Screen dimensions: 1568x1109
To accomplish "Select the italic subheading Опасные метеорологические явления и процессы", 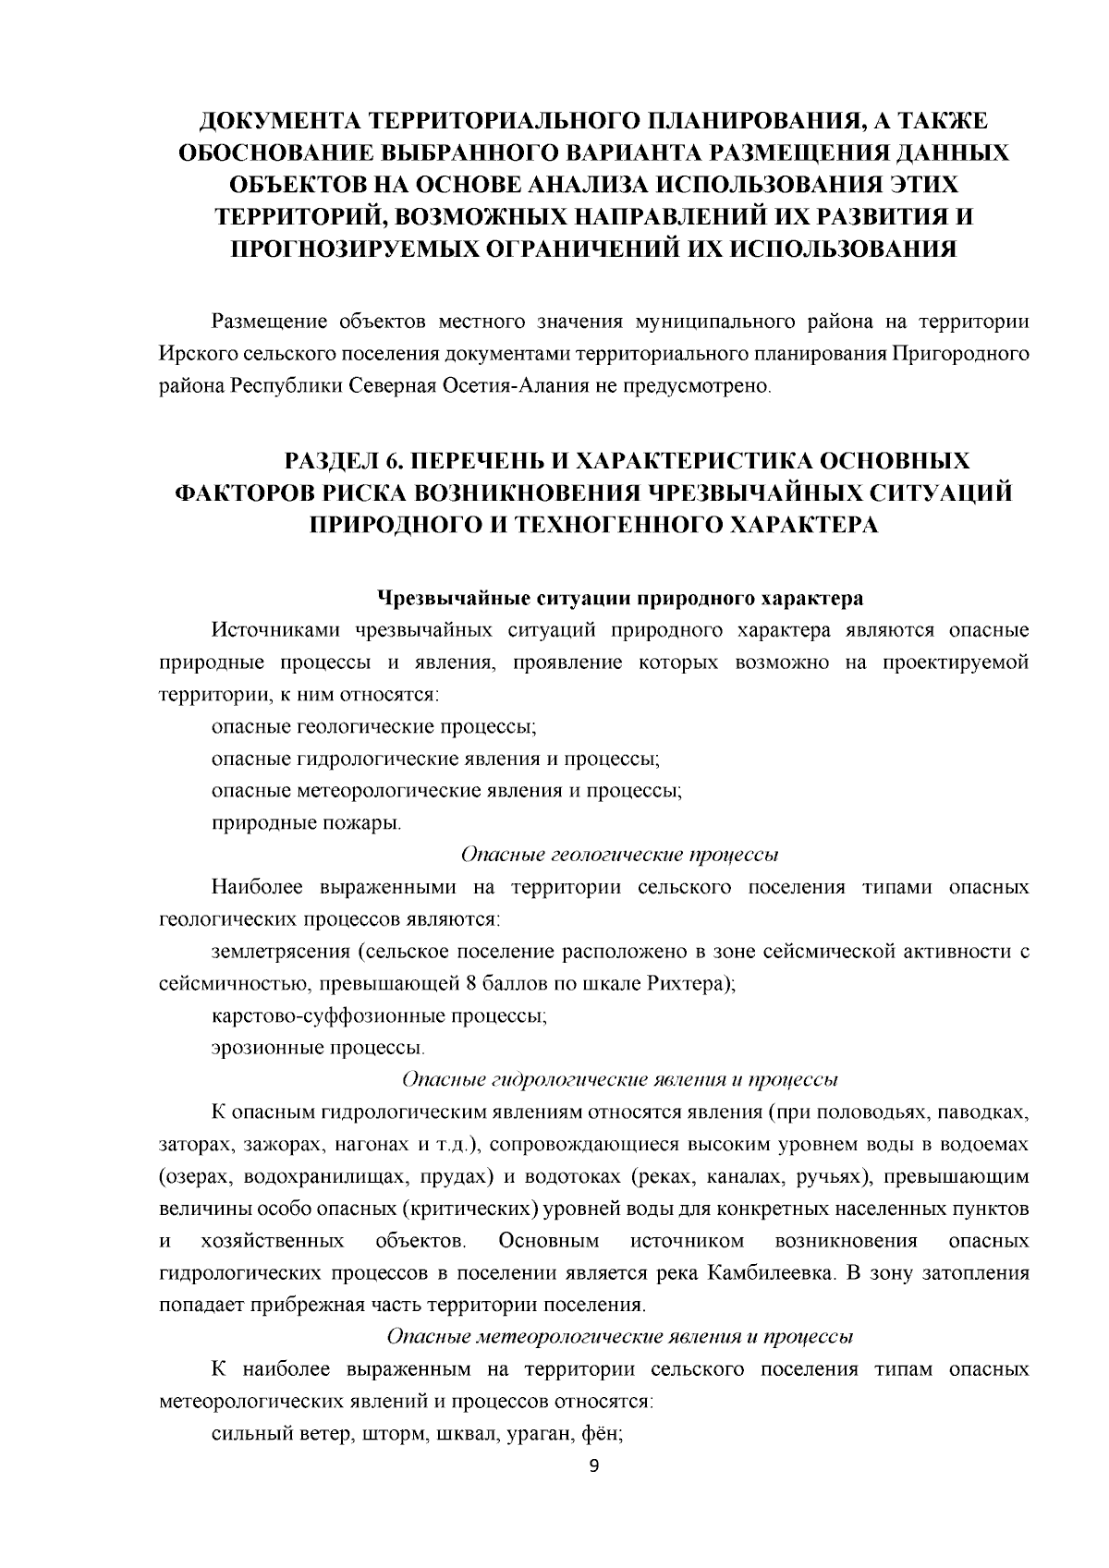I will pos(618,1336).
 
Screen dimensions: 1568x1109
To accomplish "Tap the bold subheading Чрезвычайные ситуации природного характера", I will pos(618,598).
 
